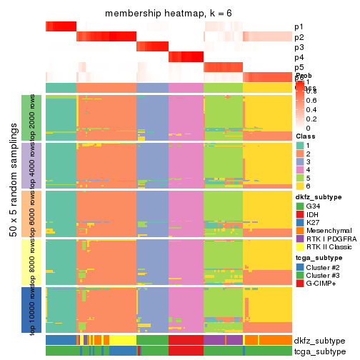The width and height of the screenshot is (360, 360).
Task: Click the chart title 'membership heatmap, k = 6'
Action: point(169,14)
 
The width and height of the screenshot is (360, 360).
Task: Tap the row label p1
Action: point(299,27)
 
